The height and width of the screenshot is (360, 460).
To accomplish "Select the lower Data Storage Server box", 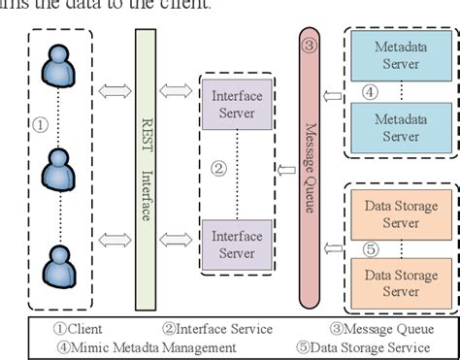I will click(401, 283).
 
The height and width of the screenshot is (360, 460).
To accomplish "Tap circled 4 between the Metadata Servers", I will click(369, 92).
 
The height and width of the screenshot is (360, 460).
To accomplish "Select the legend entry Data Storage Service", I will click(370, 346).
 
